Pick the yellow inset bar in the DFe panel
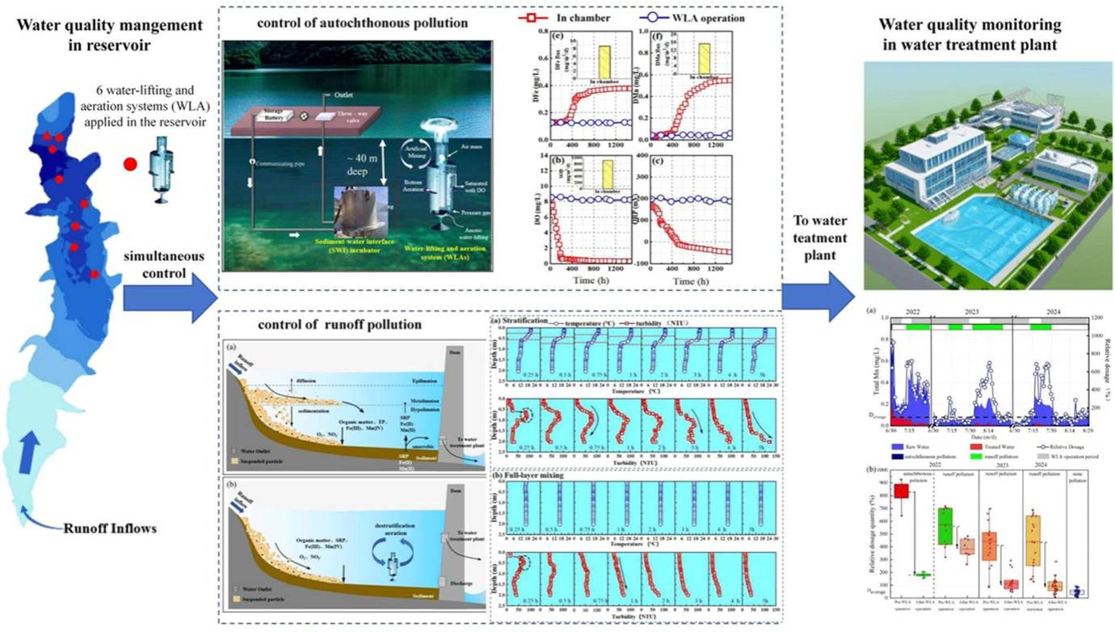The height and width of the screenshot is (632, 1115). (x=604, y=63)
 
